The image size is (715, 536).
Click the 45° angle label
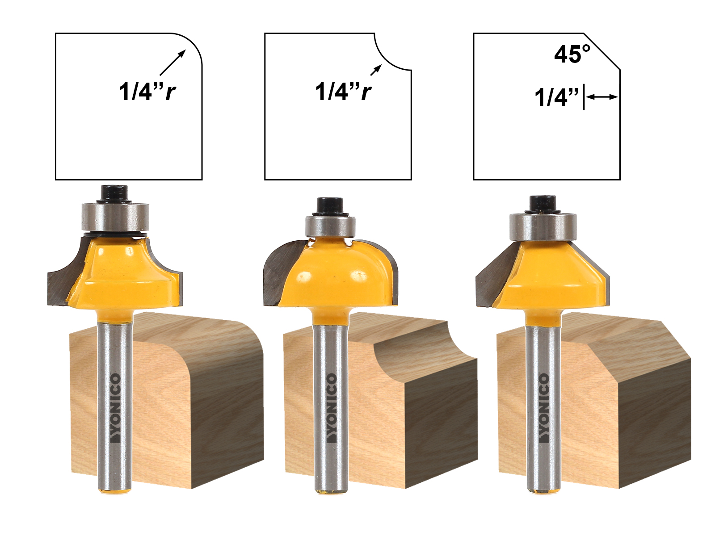coord(572,54)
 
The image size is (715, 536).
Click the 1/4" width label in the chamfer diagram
coord(556,97)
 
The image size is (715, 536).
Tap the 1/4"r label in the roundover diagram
coord(147,92)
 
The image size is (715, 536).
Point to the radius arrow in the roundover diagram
coord(172,62)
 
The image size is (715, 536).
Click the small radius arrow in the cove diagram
coord(376,70)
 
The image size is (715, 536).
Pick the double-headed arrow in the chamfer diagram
coord(602,96)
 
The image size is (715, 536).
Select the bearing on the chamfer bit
coord(543,226)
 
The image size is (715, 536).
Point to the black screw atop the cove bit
coord(329,206)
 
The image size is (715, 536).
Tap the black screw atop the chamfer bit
coord(543,203)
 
